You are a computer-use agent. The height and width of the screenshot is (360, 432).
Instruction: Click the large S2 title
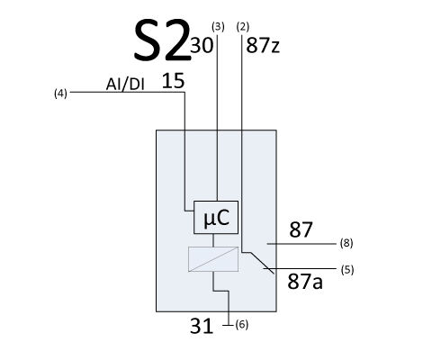pos(162,40)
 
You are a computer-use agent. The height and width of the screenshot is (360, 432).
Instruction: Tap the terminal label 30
pos(202,46)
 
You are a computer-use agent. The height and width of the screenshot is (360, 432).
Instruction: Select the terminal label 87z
pos(263,46)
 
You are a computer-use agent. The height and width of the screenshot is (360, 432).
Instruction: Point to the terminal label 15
pos(173,81)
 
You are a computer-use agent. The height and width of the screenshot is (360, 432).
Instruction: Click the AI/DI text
pos(125,85)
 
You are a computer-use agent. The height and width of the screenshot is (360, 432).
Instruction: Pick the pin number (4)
pos(60,94)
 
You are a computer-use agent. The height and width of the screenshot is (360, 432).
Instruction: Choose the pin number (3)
pos(218,27)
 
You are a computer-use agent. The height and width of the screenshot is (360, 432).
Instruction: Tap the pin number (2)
pos(243,27)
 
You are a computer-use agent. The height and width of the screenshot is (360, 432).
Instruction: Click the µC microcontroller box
pos(216,217)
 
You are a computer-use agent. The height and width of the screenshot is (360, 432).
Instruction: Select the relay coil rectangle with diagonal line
pos(213,259)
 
